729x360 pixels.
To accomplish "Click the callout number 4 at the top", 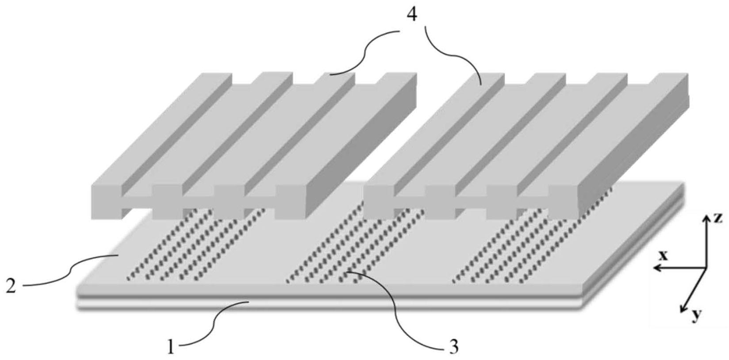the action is tap(412, 15).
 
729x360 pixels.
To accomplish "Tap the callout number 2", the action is tap(11, 287).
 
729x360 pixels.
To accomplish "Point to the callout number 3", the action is tap(454, 347).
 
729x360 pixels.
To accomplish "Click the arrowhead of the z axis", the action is tap(706, 218).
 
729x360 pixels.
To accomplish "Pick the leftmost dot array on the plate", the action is tap(195, 244).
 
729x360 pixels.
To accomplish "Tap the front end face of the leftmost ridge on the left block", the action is tap(107, 202).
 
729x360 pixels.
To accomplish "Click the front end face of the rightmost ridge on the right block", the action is tap(563, 202).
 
